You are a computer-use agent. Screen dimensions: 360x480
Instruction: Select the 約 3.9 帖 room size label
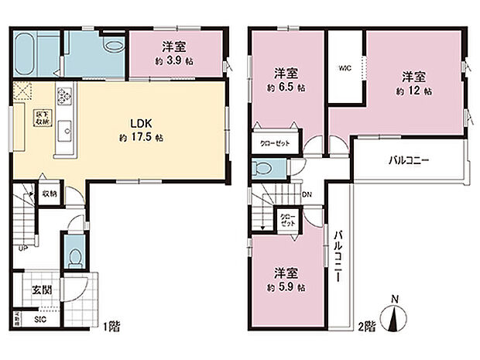coord(173,60)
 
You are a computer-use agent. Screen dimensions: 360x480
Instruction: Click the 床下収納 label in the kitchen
coord(41,119)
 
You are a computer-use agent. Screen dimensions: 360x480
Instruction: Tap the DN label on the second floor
coord(307,194)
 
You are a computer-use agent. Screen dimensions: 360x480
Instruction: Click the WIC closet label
coord(345,67)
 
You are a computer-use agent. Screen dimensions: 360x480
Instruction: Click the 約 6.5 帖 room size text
coord(286,87)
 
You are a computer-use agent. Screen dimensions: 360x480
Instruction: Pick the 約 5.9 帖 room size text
coord(286,287)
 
